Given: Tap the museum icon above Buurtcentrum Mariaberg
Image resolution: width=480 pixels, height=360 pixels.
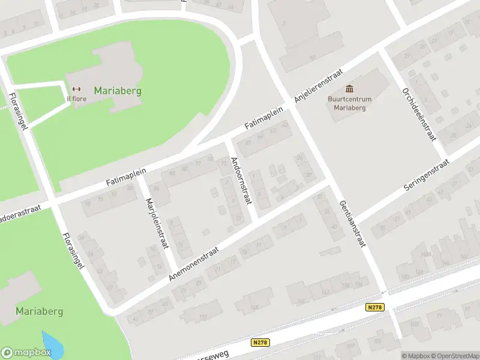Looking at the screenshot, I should point(350,89).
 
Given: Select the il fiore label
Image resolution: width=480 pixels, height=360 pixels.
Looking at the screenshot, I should point(76,100).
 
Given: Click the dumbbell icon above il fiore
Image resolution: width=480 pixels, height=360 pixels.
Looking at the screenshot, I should point(76,90).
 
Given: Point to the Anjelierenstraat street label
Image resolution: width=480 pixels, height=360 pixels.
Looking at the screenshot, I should point(318,85).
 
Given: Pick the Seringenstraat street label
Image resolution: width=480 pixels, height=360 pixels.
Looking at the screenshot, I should point(426,175).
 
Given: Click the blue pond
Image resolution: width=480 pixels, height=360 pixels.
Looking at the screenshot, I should point(52,343).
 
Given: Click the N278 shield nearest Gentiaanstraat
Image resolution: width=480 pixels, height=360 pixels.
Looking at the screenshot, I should point(374,307).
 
